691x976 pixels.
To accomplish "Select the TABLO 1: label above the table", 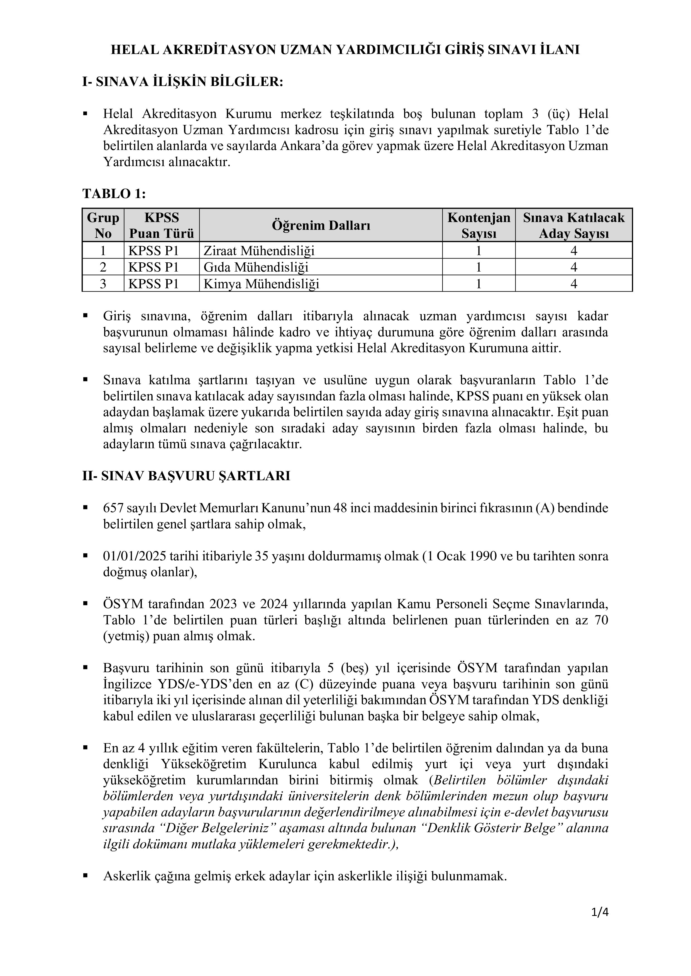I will pyautogui.click(x=114, y=194).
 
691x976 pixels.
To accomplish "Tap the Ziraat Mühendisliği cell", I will pyautogui.click(x=259, y=251).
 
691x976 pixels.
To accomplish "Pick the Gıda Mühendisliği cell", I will pyautogui.click(x=256, y=267).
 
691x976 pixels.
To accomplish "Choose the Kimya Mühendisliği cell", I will pyautogui.click(x=261, y=284).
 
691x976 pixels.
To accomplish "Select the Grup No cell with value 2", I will pyautogui.click(x=103, y=267).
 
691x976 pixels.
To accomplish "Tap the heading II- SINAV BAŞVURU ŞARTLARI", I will pyautogui.click(x=186, y=476).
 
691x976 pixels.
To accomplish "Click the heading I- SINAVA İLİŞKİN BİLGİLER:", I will pyautogui.click(x=182, y=82).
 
